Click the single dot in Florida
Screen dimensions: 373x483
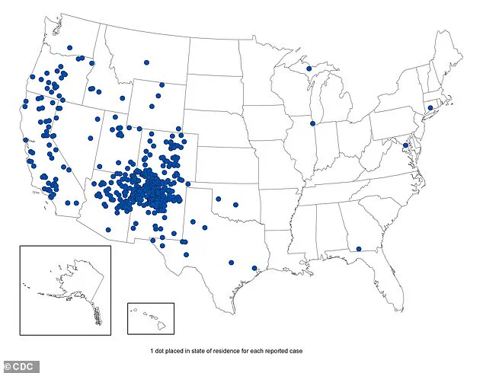358,248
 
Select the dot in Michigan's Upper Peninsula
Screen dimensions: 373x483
309,69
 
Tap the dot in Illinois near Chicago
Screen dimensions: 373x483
312,123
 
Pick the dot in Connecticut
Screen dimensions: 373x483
430,108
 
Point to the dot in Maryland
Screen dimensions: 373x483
405,145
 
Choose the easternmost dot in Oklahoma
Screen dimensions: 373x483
235,205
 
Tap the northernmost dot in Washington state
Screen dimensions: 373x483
69,48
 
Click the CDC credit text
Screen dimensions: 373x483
16,364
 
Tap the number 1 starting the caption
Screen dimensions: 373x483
152,350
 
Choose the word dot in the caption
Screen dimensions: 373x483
162,350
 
